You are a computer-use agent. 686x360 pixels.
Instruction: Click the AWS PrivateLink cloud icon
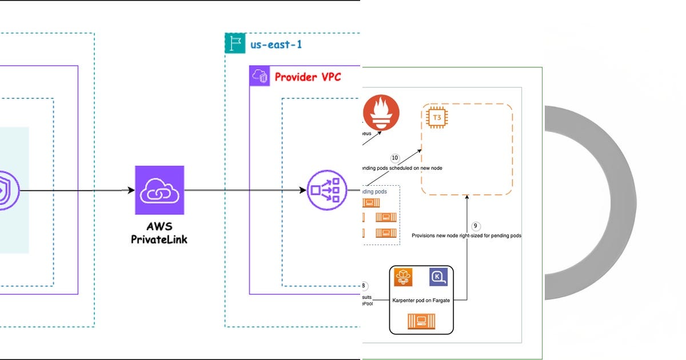[159, 190]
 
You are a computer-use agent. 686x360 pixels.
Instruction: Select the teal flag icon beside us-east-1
[235, 43]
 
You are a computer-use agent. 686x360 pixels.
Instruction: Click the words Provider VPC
[308, 76]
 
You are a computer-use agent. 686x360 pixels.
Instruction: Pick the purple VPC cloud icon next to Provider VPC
[260, 76]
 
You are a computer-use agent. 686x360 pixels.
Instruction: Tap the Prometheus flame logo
[381, 111]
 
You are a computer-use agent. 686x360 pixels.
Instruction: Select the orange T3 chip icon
[437, 117]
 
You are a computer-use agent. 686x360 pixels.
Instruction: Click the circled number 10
[394, 158]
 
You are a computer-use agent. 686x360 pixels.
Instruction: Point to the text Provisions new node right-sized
[466, 235]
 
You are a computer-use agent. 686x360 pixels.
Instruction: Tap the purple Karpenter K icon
[438, 277]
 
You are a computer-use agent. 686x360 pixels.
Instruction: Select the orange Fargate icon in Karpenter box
[404, 277]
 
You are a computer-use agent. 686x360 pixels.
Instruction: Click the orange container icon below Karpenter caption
[421, 322]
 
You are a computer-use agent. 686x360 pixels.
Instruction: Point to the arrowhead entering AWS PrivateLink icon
[130, 190]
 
